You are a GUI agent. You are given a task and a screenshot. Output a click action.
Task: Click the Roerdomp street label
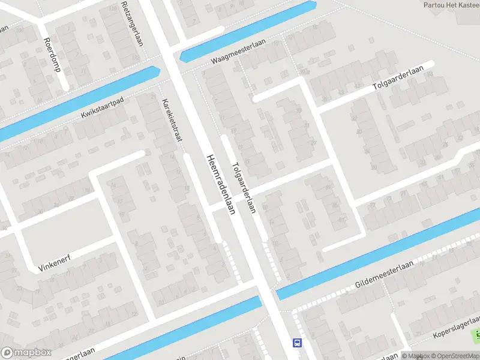[52, 55]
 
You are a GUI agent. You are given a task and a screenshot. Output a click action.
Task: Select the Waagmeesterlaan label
[238, 52]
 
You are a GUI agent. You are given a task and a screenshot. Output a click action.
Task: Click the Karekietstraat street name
[172, 120]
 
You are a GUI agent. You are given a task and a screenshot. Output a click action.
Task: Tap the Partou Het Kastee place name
[451, 5]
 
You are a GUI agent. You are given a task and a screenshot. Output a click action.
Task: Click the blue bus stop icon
[297, 343]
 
